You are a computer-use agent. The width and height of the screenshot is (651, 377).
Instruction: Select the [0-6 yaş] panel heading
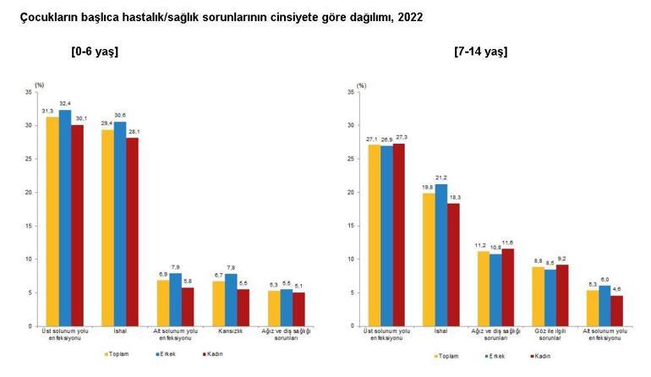95,52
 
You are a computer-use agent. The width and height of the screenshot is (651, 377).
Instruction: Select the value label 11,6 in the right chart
507,243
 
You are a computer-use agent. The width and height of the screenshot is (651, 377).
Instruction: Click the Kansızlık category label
230,332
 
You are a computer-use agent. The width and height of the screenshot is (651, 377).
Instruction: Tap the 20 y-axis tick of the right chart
350,192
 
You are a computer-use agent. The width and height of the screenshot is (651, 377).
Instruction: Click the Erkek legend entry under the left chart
165,355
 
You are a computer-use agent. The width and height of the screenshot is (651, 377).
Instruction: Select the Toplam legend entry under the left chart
118,355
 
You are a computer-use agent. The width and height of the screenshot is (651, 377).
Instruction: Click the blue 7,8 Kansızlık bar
231,299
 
